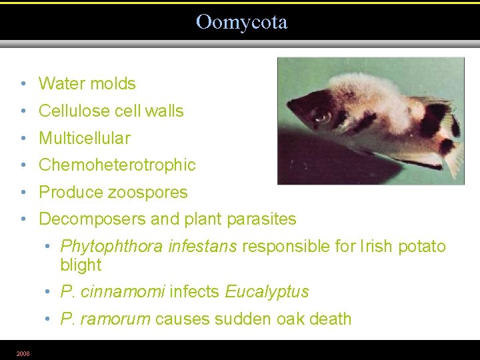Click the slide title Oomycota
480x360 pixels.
click(241, 22)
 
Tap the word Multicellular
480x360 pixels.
click(85, 139)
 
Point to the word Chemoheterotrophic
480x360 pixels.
click(117, 165)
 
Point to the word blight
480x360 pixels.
click(81, 265)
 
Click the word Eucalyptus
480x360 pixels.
click(267, 292)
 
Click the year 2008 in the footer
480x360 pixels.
click(23, 353)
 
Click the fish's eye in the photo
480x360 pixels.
click(323, 117)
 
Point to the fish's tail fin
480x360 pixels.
click(453, 143)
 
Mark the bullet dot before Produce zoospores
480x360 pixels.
click(23, 193)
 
